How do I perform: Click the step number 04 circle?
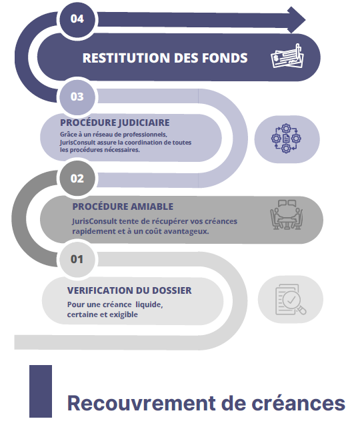[x=77, y=19]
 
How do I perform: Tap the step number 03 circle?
[x=77, y=97]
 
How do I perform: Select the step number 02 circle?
[x=77, y=179]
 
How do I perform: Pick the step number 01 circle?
[x=77, y=259]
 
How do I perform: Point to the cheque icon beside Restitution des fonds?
[x=287, y=56]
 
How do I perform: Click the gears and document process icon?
[x=286, y=139]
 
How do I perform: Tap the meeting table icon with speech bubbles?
[x=286, y=215]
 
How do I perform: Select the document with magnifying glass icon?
[x=291, y=299]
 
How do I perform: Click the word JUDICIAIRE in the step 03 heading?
[x=144, y=123]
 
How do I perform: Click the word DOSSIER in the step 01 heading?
[x=172, y=290]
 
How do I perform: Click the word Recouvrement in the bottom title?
[x=141, y=403]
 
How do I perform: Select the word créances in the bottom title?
[x=299, y=403]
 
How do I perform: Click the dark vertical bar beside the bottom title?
[x=41, y=391]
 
